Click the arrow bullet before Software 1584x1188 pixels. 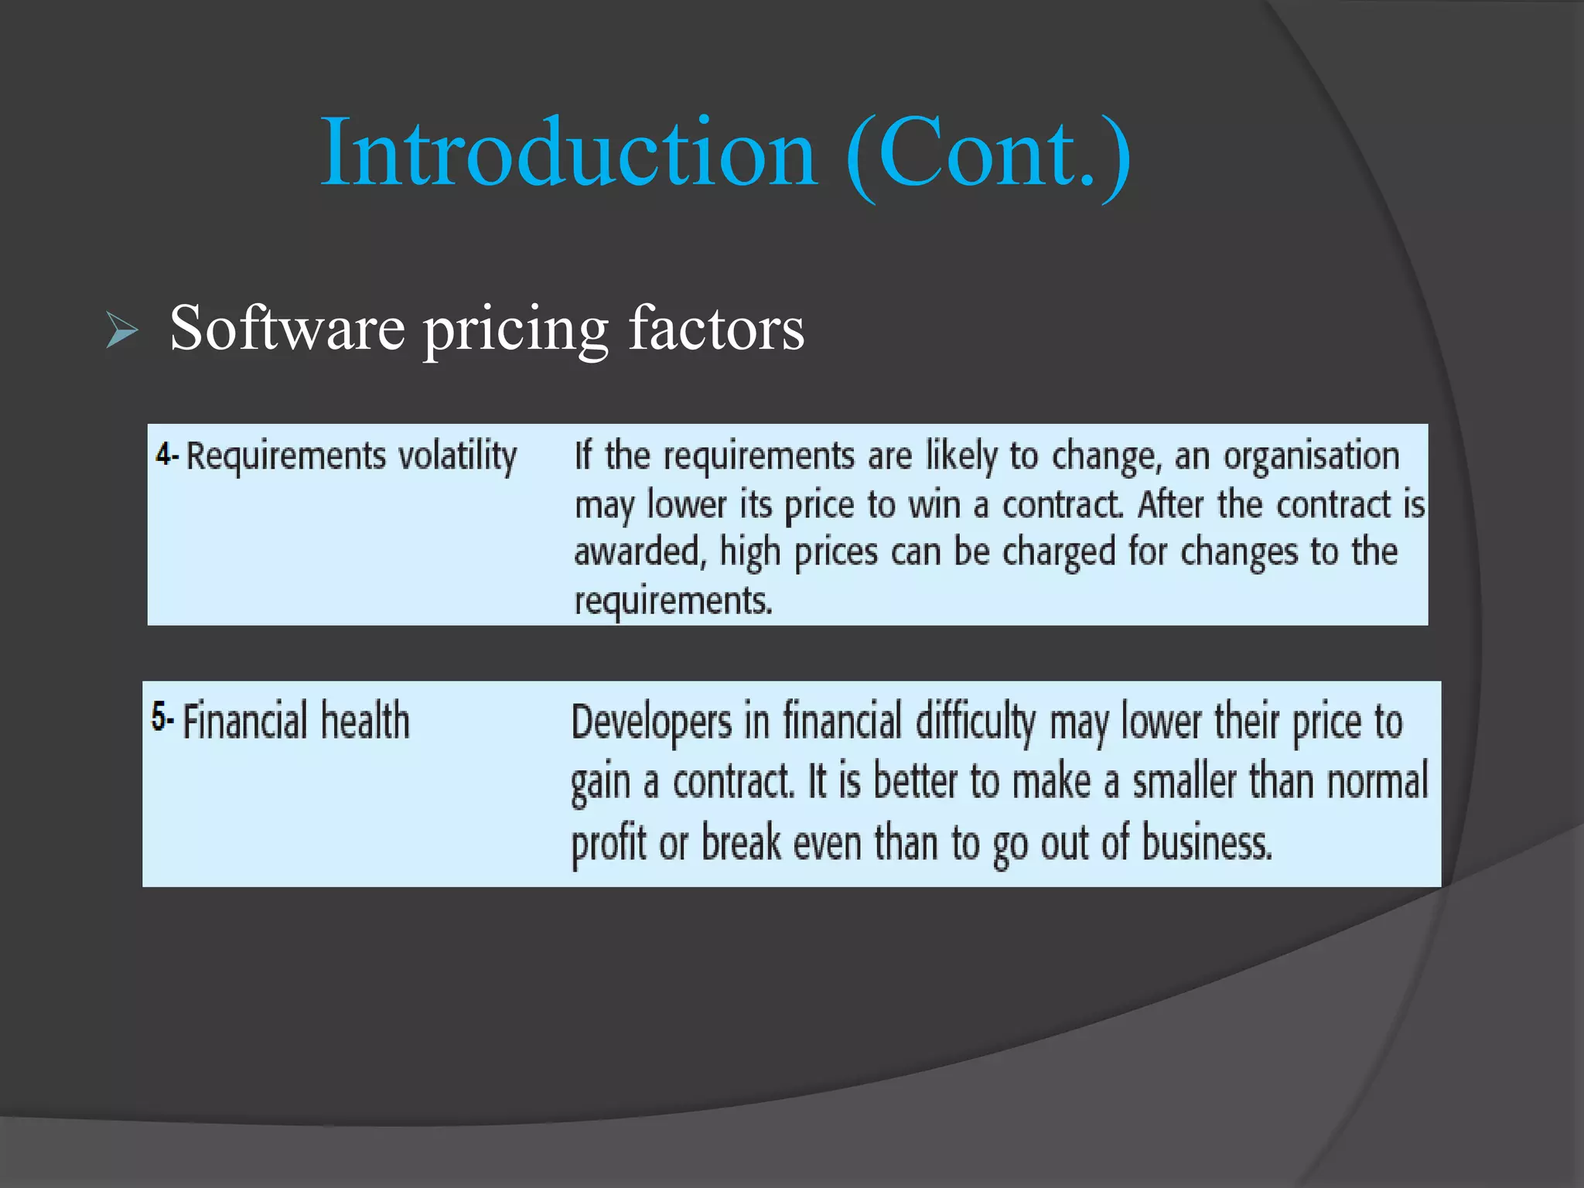click(x=121, y=331)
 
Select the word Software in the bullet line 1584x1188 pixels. click(x=287, y=328)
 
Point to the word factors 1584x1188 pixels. click(x=716, y=328)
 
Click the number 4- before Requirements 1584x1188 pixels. click(x=166, y=454)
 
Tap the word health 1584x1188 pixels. click(x=364, y=721)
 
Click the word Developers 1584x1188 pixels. click(x=651, y=722)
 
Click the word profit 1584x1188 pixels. click(x=608, y=843)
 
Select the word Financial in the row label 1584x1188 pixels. click(x=245, y=721)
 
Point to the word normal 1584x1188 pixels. click(x=1377, y=781)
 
